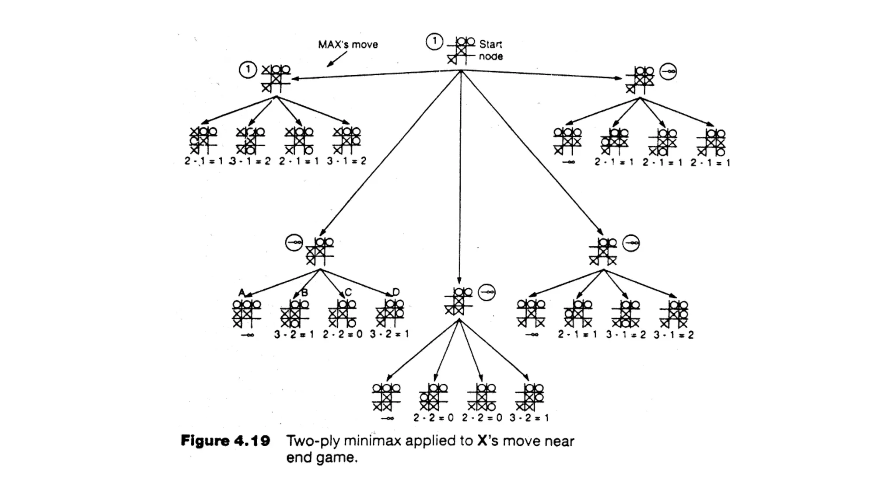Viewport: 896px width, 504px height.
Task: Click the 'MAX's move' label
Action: pos(348,45)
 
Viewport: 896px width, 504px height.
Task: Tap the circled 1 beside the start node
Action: pos(434,42)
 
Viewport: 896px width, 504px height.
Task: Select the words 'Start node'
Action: pos(490,50)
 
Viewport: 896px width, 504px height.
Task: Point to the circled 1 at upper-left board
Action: pos(248,70)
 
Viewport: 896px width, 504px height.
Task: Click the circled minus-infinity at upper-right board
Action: pos(668,71)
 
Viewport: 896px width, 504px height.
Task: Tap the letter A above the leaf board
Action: pos(241,292)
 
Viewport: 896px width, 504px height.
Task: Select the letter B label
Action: pos(304,292)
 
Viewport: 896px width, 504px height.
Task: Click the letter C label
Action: pos(348,292)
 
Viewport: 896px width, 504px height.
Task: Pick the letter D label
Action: pos(395,292)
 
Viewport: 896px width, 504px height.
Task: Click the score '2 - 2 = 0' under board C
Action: pos(343,334)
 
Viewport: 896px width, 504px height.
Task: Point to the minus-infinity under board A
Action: pos(247,335)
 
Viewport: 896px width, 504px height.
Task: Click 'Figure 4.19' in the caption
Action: pos(225,441)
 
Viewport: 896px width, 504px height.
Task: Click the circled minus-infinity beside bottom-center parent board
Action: pos(486,292)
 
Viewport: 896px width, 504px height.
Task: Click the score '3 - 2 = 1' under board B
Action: pos(294,334)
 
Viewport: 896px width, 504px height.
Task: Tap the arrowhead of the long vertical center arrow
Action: pos(459,281)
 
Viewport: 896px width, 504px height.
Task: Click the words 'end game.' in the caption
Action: pos(322,458)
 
